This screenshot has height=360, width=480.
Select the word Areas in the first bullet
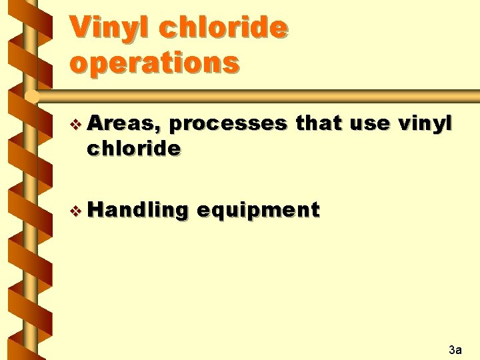pos(127,124)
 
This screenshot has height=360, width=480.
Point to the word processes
pos(231,124)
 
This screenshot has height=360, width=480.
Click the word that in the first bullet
pos(320,124)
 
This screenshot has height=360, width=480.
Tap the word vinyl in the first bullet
pos(425,124)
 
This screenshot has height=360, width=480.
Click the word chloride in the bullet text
pos(133,149)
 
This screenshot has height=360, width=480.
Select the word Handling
pos(138,211)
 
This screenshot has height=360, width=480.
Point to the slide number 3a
pos(455,349)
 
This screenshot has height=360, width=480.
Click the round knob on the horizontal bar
pos(29,97)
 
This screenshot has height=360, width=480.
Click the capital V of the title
pos(79,28)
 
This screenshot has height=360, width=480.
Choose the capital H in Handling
pos(95,211)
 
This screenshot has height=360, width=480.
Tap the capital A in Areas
pos(95,124)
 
